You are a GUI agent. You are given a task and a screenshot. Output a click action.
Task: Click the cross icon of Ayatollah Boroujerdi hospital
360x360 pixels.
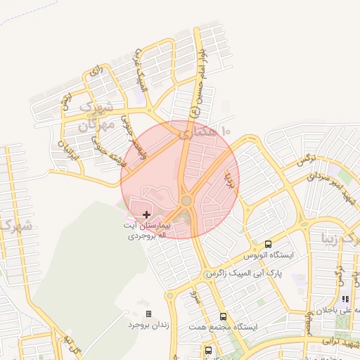(x=146, y=214)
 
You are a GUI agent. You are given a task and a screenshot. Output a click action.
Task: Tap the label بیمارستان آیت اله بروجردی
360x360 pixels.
(x=146, y=233)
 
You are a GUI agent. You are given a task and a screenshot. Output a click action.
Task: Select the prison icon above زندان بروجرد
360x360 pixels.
(x=148, y=314)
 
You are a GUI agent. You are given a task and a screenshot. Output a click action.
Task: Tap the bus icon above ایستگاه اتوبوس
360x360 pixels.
(x=268, y=244)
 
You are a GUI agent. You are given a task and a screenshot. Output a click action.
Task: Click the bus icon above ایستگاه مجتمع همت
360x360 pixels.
(x=223, y=316)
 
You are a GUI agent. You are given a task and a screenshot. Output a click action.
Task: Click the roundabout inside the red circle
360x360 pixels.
(x=186, y=201)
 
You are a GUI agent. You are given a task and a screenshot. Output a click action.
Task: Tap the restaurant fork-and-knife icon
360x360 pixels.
(x=345, y=299)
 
